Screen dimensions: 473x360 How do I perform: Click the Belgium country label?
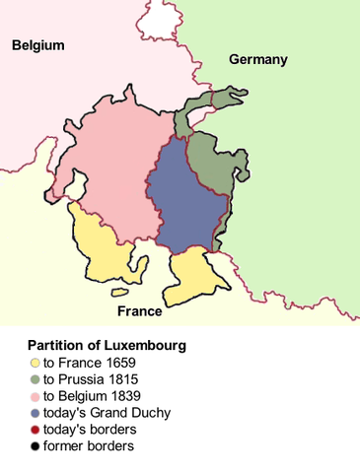coord(37,45)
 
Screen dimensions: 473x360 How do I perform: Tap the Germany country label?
coord(258,60)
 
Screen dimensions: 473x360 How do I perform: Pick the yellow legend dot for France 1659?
coord(36,363)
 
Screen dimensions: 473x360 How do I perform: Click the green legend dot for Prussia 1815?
coord(36,379)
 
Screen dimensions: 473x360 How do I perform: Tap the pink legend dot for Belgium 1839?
coord(36,396)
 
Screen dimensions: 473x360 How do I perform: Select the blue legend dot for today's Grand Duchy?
coord(36,413)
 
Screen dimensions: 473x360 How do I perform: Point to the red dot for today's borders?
coord(36,430)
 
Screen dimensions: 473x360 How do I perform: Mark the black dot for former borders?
coord(36,446)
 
